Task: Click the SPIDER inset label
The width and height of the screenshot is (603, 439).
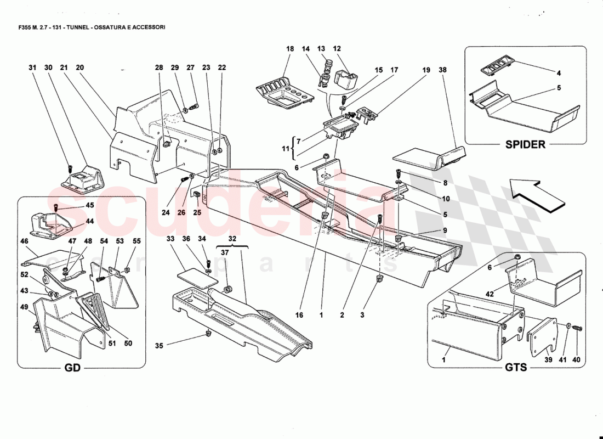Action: [526, 145]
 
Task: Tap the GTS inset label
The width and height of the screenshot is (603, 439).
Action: [515, 367]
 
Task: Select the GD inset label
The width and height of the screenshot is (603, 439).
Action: [72, 368]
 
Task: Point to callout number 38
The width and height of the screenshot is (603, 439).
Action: [442, 70]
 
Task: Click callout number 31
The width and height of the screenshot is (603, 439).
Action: [32, 67]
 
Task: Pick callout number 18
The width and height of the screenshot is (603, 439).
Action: [290, 49]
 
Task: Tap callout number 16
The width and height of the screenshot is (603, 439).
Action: [299, 315]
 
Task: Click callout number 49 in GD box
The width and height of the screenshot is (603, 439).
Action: [25, 307]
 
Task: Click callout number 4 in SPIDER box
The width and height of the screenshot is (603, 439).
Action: [559, 72]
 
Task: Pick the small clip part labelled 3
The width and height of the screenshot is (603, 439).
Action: [379, 279]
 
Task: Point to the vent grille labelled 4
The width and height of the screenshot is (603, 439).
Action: [496, 69]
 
